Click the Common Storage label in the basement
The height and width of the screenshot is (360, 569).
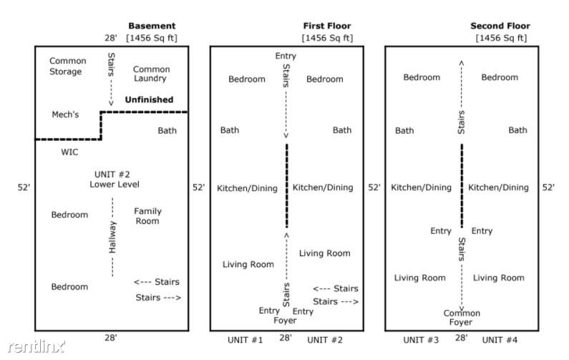pyautogui.click(x=65, y=66)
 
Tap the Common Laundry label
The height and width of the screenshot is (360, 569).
pyautogui.click(x=151, y=74)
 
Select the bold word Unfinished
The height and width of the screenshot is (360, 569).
pyautogui.click(x=149, y=99)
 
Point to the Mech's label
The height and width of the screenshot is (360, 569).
pyautogui.click(x=66, y=115)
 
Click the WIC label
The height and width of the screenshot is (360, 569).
pyautogui.click(x=69, y=152)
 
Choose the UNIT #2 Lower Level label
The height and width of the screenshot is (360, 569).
pyautogui.click(x=115, y=179)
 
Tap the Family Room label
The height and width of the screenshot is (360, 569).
pyautogui.click(x=147, y=216)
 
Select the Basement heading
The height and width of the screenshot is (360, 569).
pyautogui.click(x=151, y=26)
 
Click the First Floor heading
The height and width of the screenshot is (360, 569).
pyautogui.click(x=327, y=26)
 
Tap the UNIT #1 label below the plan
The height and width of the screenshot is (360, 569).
pyautogui.click(x=245, y=340)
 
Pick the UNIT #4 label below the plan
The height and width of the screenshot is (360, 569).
pyautogui.click(x=500, y=340)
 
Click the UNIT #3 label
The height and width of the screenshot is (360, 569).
pyautogui.click(x=421, y=340)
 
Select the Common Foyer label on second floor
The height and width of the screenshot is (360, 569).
pyautogui.click(x=462, y=318)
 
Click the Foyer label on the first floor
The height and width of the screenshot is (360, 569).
pyautogui.click(x=286, y=321)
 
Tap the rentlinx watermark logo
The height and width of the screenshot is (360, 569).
pyautogui.click(x=34, y=347)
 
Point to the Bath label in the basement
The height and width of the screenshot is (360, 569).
pyautogui.click(x=167, y=130)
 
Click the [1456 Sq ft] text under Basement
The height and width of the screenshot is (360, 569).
pyautogui.click(x=151, y=37)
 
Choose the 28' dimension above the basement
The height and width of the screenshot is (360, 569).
pyautogui.click(x=111, y=37)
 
